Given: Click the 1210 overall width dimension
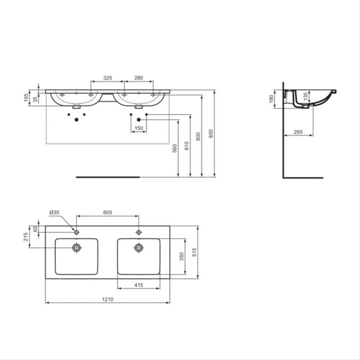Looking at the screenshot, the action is pos(108,300).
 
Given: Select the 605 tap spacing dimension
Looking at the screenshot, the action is pos(107,212).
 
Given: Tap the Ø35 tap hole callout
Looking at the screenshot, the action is pos(54,212).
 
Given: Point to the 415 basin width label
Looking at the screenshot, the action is pos(139,285).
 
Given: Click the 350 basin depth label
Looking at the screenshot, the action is pos(181,256).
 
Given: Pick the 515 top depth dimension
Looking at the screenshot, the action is pos(194,252).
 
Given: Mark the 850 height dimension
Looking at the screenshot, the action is pos(211,134).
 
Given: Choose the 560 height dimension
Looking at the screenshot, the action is pos(175,148).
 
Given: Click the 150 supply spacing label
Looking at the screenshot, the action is pos(139,128).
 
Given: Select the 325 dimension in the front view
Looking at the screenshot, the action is pos(107,78).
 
